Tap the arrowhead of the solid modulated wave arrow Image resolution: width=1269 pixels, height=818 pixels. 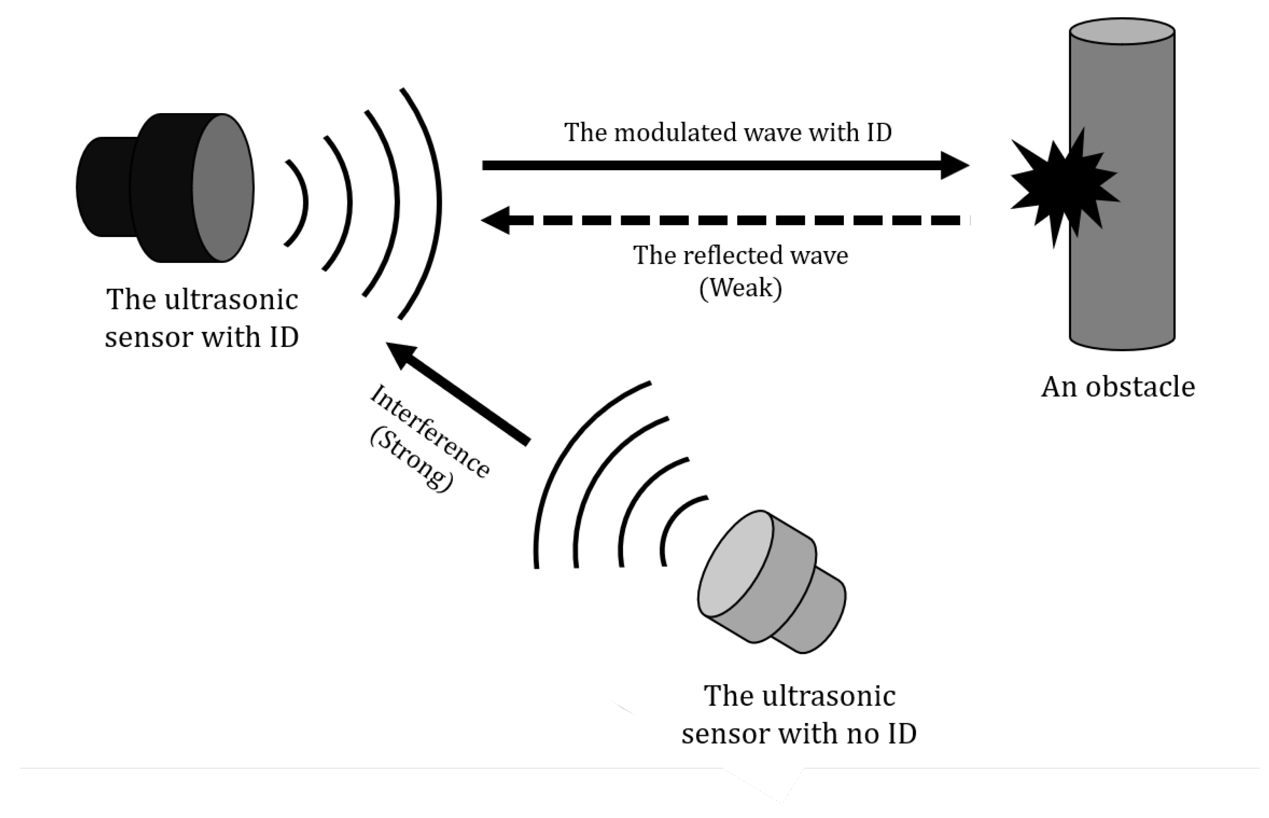(x=954, y=165)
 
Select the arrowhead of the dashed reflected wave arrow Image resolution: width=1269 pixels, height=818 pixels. (x=497, y=220)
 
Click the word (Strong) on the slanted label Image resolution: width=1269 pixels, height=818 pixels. (x=412, y=461)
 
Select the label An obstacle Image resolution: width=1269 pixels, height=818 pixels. (x=1117, y=386)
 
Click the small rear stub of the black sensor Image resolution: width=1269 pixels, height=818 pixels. (x=103, y=187)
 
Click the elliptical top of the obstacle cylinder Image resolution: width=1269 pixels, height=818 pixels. (x=1121, y=32)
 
